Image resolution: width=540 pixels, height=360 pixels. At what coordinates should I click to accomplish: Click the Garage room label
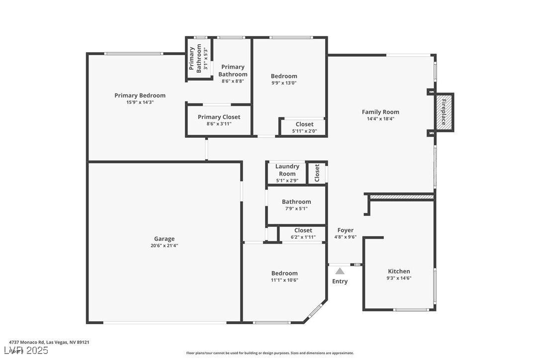click(x=164, y=239)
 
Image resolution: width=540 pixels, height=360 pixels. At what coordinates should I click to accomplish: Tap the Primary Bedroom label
click(x=140, y=95)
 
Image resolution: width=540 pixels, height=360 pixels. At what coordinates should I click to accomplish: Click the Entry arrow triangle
click(x=340, y=271)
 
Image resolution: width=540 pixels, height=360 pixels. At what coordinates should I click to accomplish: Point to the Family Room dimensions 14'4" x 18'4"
click(x=380, y=119)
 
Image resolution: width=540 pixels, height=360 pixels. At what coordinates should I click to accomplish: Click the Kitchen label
click(x=399, y=271)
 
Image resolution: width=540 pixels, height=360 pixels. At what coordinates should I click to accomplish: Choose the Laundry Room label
click(x=287, y=170)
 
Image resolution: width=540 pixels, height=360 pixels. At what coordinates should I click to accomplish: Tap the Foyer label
click(x=345, y=230)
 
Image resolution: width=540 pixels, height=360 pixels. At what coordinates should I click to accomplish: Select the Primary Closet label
click(x=219, y=117)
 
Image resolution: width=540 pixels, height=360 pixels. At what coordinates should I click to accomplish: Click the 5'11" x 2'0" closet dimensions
click(x=304, y=131)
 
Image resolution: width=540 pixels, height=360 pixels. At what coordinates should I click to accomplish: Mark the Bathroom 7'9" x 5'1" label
click(x=296, y=202)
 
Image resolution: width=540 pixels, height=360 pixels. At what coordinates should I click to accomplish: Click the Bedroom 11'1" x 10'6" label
click(x=284, y=273)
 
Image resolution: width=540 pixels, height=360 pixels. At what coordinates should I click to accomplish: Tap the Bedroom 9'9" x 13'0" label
click(x=284, y=76)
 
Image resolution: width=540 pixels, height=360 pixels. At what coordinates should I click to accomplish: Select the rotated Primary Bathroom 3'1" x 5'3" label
click(x=195, y=59)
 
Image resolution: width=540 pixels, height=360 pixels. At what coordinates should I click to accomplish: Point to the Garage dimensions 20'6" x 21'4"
click(x=164, y=246)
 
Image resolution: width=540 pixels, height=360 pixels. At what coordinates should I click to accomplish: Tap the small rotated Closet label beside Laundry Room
click(x=317, y=173)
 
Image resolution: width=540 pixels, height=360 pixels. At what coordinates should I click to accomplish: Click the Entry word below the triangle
click(x=340, y=281)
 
